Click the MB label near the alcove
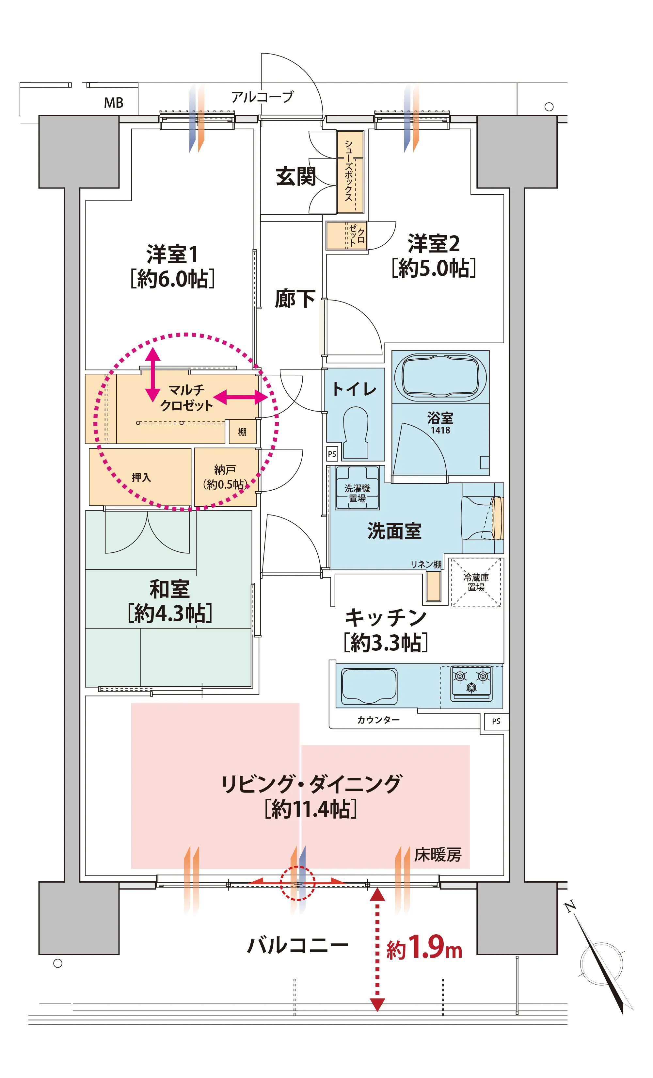(x=114, y=103)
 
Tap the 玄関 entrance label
(x=296, y=176)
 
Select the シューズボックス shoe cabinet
(x=350, y=172)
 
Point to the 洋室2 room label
(x=434, y=244)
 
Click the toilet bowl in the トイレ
(x=356, y=432)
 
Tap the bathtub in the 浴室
(x=440, y=377)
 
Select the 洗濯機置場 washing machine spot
(x=357, y=488)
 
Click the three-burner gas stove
(x=471, y=683)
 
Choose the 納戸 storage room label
(x=225, y=470)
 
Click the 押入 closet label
(x=141, y=477)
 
